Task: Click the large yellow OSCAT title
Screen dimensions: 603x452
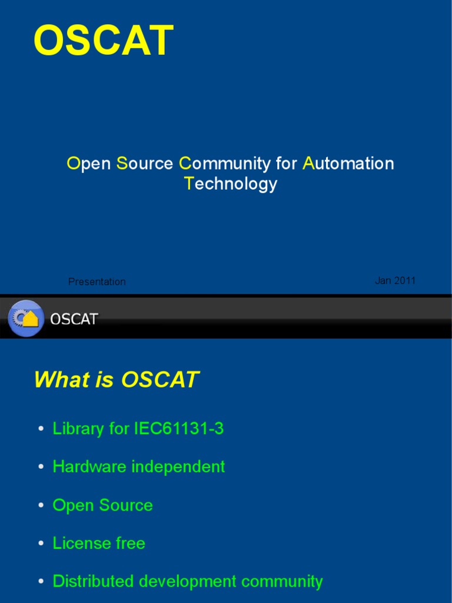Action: [104, 41]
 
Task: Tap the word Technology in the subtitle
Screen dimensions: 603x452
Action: [230, 184]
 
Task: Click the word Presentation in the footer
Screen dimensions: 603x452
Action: [97, 281]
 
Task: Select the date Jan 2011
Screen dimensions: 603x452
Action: [395, 280]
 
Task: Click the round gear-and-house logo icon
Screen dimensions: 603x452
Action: [26, 318]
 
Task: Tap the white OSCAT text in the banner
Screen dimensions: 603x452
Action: [74, 319]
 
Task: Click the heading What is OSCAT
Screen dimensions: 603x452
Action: [116, 380]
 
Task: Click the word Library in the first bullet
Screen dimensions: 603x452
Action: [78, 429]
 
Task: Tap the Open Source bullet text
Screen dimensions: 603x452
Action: [102, 505]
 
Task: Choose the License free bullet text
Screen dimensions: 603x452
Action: [98, 543]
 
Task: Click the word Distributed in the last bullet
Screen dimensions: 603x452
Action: [93, 581]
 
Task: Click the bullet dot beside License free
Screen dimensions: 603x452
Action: [41, 544]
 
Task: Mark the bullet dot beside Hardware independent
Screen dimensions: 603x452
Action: [41, 468]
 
